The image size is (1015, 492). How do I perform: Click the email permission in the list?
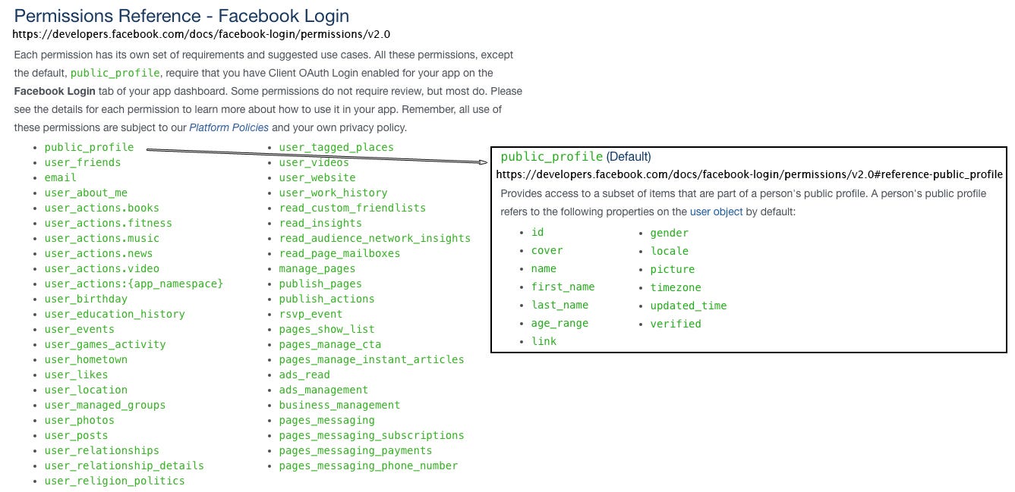tap(60, 177)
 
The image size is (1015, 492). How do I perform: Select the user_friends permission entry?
tap(83, 162)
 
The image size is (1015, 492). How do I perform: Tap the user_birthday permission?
tap(86, 299)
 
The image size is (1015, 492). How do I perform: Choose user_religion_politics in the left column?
tap(115, 481)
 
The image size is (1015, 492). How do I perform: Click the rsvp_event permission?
tap(310, 314)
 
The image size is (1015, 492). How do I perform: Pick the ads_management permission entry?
tap(323, 390)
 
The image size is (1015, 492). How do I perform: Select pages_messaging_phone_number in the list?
tap(368, 465)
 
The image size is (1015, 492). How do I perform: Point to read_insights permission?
tap(320, 223)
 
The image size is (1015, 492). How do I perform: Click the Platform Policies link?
tap(229, 127)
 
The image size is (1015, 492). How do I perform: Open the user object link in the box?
tap(716, 212)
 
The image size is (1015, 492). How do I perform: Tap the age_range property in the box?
tap(560, 323)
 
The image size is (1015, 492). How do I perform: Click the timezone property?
tap(676, 287)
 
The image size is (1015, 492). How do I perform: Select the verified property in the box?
tap(676, 324)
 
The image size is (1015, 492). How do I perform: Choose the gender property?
tap(670, 233)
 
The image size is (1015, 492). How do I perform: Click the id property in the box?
tap(537, 232)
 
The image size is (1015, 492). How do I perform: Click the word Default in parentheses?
tap(629, 157)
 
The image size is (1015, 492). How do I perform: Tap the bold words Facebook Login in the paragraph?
tap(55, 91)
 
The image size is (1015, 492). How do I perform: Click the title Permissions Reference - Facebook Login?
tap(181, 16)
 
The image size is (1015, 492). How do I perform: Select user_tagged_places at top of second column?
tap(336, 148)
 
